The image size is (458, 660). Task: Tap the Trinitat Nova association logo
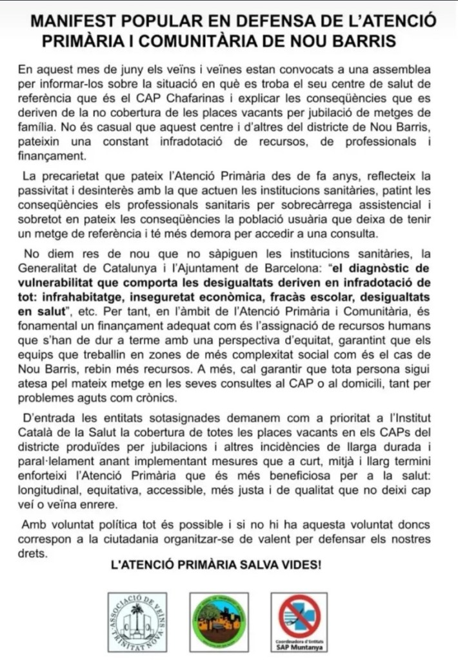(137, 622)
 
